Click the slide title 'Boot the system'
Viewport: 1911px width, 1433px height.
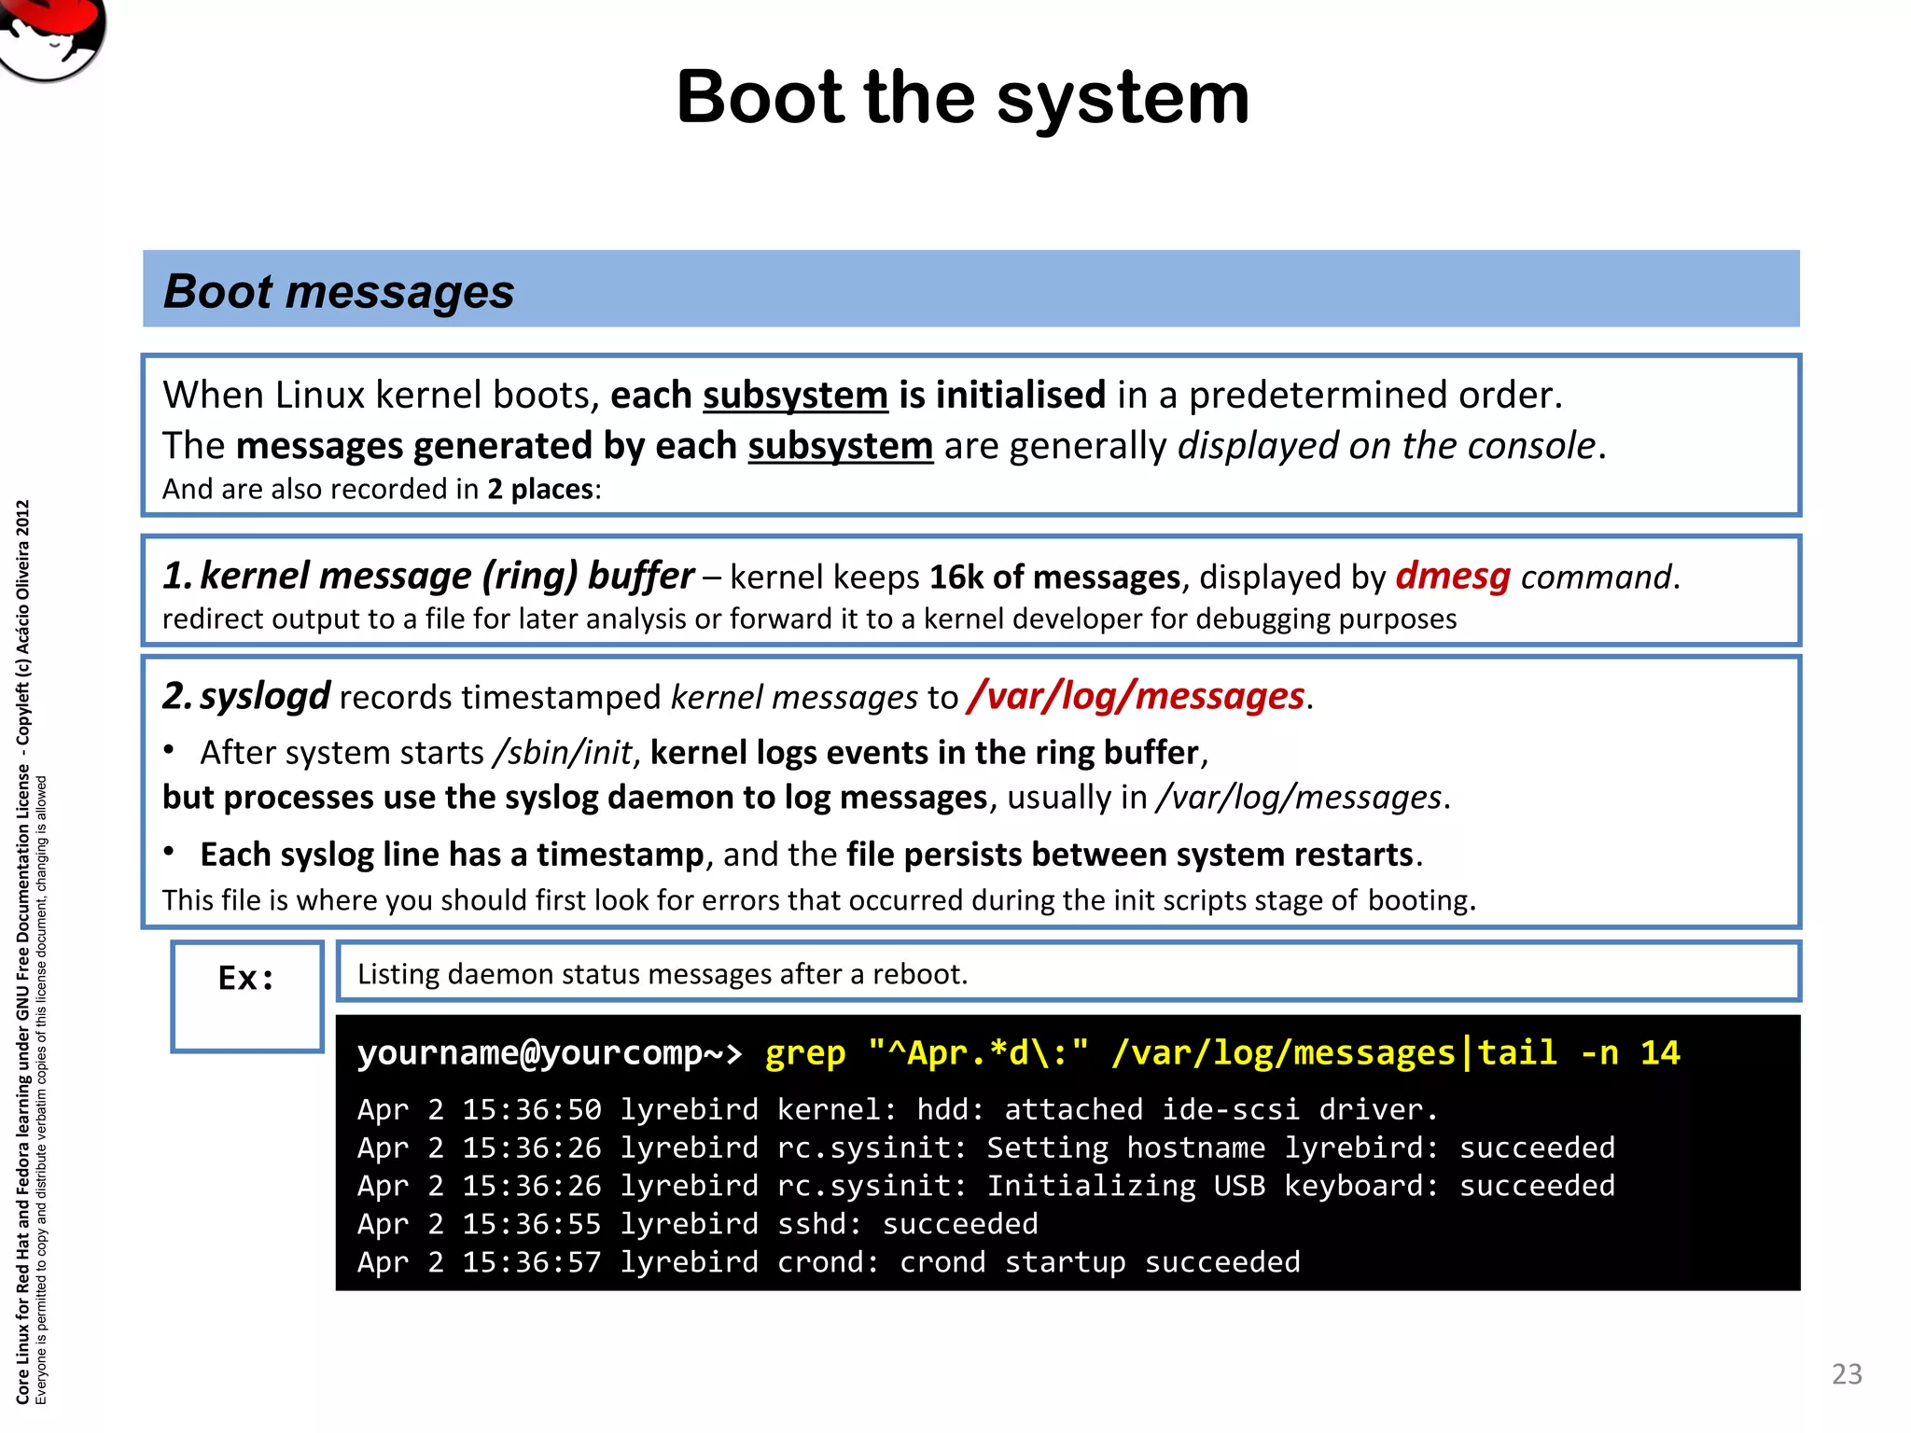962,97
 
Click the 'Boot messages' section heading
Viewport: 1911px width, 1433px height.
339,291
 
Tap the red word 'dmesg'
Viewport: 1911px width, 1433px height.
1452,576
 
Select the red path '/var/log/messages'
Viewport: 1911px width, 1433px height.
1136,696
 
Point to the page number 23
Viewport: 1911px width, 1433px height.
1847,1374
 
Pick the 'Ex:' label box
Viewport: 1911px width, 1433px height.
246,995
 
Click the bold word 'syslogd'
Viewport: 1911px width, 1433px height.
265,696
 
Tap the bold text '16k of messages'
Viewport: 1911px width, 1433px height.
1054,577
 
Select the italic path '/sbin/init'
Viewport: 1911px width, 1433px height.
564,753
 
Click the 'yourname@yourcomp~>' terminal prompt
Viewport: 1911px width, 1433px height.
550,1053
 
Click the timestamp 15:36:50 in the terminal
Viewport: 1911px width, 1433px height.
532,1109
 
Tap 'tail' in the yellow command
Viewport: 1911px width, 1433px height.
1517,1053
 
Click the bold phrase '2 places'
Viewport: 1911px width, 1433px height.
540,489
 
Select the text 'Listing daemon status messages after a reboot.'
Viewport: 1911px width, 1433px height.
663,974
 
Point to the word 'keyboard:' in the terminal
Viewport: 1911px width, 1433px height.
1360,1186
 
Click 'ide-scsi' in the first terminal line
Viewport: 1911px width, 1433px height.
1230,1109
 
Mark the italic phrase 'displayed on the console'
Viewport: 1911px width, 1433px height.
1387,446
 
